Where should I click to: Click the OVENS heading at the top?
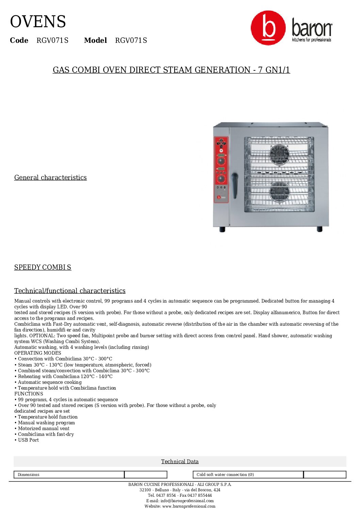(x=38, y=22)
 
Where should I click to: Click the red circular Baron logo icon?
(x=268, y=28)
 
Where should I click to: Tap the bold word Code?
(x=19, y=40)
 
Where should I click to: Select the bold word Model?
(x=95, y=40)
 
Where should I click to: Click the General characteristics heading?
(x=50, y=177)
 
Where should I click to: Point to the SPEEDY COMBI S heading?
(x=43, y=267)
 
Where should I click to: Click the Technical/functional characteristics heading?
(x=70, y=291)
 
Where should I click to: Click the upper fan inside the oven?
(x=279, y=155)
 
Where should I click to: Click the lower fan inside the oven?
(x=279, y=192)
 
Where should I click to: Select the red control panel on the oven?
(x=221, y=169)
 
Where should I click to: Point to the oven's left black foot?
(x=222, y=230)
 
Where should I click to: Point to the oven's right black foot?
(x=320, y=230)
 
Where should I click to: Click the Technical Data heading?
(x=180, y=461)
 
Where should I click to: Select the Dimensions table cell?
(x=69, y=475)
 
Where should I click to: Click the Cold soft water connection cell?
(x=248, y=475)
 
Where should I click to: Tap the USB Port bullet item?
(x=28, y=440)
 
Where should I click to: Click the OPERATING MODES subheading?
(x=37, y=353)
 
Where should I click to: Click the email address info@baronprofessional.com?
(x=187, y=500)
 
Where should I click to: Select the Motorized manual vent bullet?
(x=44, y=428)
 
